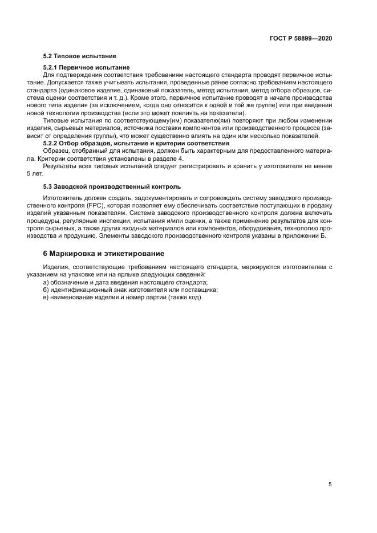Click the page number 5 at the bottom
click(330, 485)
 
